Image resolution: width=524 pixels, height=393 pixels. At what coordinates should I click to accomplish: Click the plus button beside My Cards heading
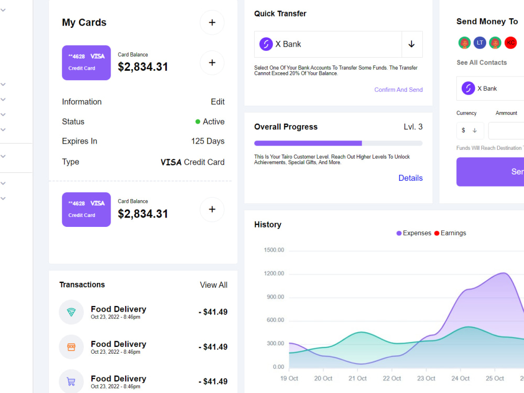tap(212, 23)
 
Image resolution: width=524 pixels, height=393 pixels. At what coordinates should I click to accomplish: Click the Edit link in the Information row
tap(217, 102)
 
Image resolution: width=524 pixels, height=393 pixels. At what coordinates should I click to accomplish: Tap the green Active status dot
tap(198, 122)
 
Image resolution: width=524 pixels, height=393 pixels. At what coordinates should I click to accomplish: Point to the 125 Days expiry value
tap(208, 141)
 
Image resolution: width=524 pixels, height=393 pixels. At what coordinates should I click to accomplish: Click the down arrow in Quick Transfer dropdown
tap(411, 44)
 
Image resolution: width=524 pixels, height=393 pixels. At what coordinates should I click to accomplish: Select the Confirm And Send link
tap(398, 90)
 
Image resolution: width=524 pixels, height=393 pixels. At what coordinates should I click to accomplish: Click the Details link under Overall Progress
tap(410, 178)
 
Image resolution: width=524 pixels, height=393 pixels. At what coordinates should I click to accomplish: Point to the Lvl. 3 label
tap(413, 127)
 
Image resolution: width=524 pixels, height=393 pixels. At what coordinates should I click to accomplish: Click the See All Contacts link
tap(482, 62)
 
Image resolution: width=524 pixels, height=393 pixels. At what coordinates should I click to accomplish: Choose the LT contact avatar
tap(480, 43)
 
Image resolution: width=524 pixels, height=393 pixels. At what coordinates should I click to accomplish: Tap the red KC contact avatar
tap(510, 43)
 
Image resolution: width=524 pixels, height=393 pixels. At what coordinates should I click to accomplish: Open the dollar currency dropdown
tap(470, 130)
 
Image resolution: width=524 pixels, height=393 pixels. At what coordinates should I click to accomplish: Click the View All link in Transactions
tap(213, 285)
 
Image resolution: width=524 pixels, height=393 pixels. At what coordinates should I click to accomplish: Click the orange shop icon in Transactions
tap(71, 347)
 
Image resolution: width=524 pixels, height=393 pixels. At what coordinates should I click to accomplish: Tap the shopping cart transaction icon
tap(71, 381)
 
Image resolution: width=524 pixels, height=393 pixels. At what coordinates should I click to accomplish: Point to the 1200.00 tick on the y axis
tap(274, 274)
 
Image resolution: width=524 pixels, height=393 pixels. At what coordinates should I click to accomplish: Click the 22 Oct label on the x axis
tap(392, 378)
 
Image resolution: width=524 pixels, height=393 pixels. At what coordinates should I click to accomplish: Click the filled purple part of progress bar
tap(308, 143)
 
